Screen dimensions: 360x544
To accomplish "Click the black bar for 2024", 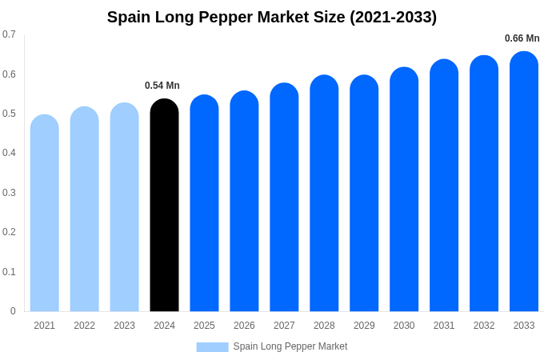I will (164, 206).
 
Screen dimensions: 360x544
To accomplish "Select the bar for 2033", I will (524, 182).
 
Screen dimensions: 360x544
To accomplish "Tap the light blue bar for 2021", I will (45, 214).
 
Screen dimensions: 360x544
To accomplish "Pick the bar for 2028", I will (324, 194).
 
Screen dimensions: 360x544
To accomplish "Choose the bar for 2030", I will (404, 190).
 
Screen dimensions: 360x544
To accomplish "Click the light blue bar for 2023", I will (124, 207).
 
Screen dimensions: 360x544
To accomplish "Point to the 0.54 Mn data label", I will (162, 86).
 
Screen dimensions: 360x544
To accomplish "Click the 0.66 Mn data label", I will (522, 38).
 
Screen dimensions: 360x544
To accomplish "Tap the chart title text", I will (272, 17).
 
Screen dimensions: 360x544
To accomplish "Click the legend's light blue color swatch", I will (212, 347).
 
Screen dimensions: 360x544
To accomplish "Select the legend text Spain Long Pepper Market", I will (290, 346).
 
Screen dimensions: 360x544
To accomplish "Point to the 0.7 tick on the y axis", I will (9, 34).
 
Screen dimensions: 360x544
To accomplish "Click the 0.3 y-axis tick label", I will (9, 193).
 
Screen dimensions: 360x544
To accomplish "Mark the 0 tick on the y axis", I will (13, 311).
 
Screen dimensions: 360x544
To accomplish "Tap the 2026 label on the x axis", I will (244, 326).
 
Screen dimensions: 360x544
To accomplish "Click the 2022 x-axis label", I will (84, 326).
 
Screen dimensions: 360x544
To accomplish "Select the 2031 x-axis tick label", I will (444, 326).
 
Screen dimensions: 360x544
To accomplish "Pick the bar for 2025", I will (204, 203).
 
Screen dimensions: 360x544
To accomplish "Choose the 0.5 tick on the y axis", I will (9, 114).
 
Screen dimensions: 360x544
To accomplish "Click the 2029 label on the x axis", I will (364, 326).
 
